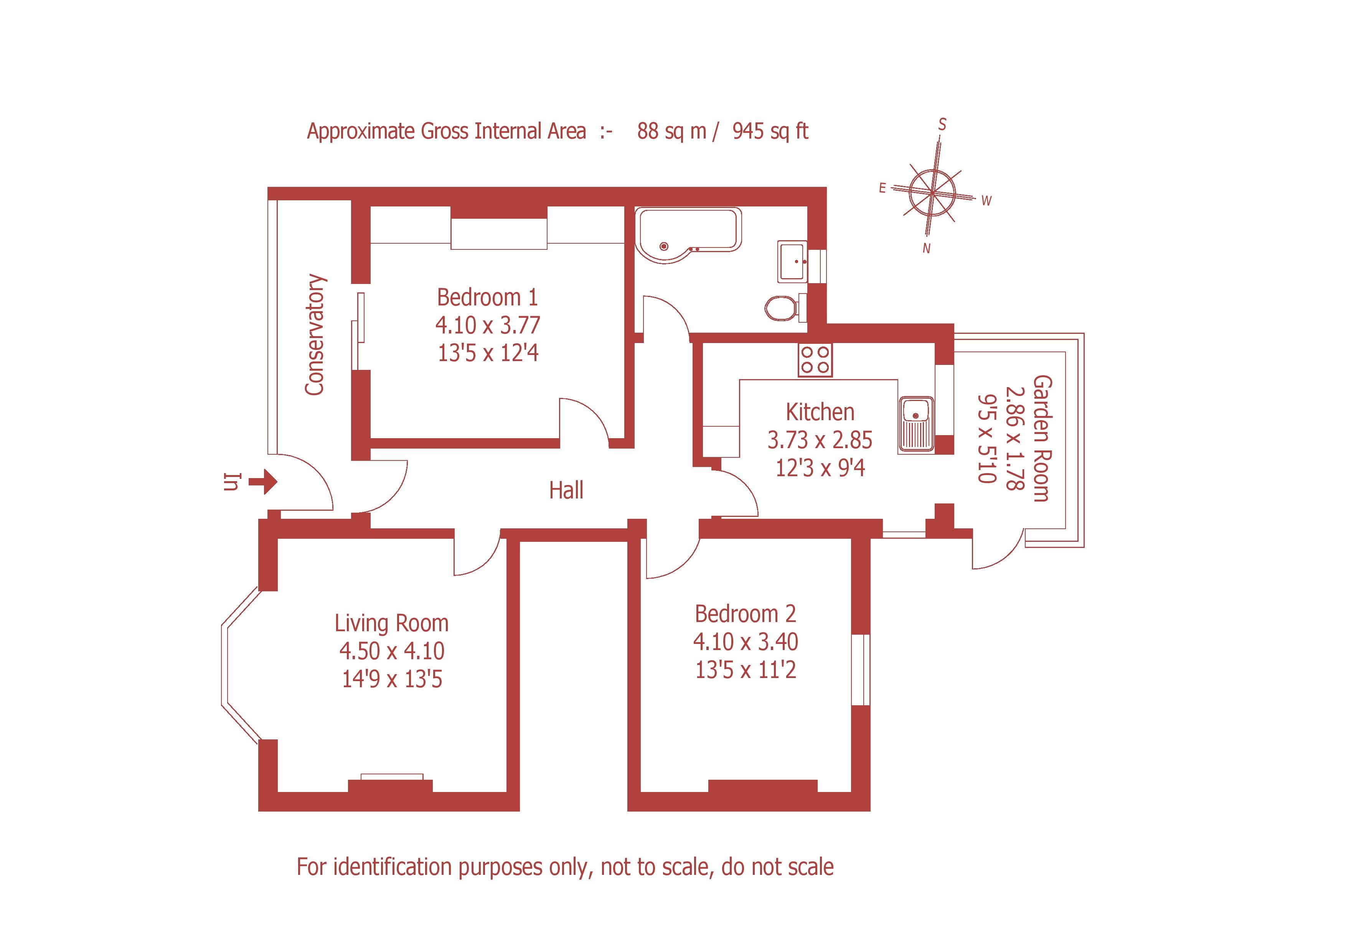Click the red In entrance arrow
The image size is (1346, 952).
(262, 482)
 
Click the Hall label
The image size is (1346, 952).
(566, 490)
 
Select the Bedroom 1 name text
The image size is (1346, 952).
(487, 297)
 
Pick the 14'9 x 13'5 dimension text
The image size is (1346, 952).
(392, 679)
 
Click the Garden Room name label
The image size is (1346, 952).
(1042, 439)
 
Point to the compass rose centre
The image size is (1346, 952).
(932, 192)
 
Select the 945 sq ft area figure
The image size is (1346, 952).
(770, 131)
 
